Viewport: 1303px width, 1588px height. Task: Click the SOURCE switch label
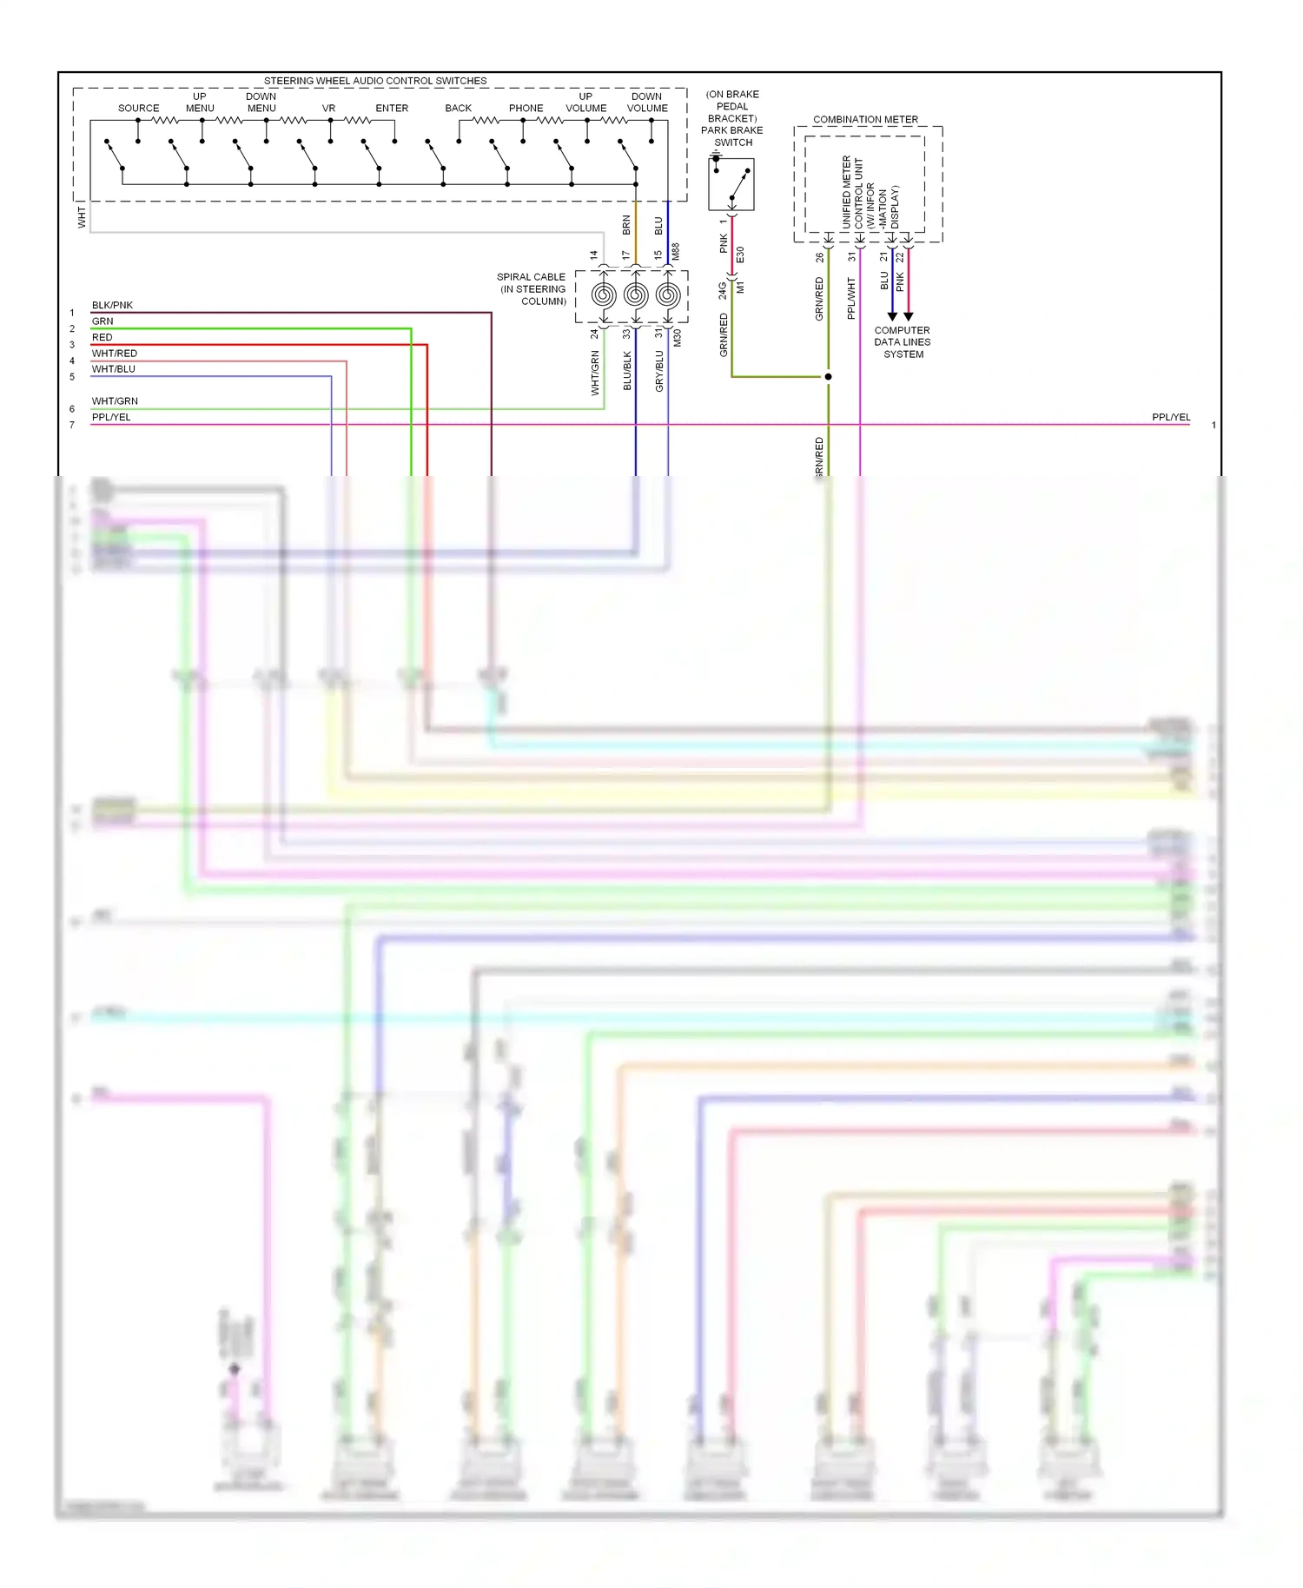[138, 109]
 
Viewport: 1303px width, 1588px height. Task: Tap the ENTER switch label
[392, 109]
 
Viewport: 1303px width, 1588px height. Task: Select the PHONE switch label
[526, 109]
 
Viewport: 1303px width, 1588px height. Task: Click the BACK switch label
[458, 109]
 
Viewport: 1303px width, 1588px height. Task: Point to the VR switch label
[328, 109]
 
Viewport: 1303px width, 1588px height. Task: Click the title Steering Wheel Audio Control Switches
[375, 81]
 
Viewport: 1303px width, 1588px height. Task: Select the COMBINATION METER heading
[865, 120]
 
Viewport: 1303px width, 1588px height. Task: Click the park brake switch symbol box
[731, 184]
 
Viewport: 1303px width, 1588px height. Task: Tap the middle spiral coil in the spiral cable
[636, 295]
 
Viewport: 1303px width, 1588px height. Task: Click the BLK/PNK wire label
[112, 305]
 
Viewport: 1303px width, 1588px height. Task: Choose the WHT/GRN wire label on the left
[115, 401]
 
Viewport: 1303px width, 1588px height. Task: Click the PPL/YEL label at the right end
[1170, 417]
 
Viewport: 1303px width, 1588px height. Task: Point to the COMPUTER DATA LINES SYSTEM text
[902, 342]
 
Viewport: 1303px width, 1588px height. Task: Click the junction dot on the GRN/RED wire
[828, 377]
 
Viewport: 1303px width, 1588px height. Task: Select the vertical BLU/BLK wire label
[627, 371]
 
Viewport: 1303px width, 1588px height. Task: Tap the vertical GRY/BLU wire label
[659, 371]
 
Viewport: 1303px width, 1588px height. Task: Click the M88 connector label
[676, 252]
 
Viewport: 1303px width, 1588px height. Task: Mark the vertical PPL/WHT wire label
[851, 299]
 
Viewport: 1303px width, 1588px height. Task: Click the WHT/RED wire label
[115, 354]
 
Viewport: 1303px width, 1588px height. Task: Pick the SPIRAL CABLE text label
[531, 289]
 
